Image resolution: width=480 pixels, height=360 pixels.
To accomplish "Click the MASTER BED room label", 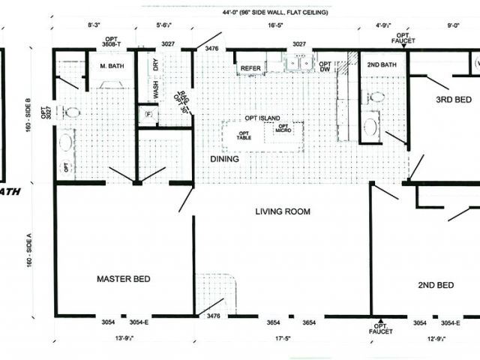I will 124,279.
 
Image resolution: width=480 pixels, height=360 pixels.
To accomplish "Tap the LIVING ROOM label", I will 282,211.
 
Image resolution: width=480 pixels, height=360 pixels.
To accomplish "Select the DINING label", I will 224,159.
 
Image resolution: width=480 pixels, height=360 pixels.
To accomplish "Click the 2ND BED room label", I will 436,285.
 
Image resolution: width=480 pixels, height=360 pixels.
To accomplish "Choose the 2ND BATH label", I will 381,64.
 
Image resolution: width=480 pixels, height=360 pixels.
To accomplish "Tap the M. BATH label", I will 112,66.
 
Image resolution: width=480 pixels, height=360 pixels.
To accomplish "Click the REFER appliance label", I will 250,69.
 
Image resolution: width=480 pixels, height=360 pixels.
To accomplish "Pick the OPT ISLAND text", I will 262,118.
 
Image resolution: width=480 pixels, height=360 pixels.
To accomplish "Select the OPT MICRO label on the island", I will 283,128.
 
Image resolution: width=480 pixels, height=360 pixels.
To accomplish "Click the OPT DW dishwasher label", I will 325,67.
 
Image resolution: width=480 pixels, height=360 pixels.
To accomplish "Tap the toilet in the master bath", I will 73,112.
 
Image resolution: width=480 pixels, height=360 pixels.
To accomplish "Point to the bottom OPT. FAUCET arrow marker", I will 380,322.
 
